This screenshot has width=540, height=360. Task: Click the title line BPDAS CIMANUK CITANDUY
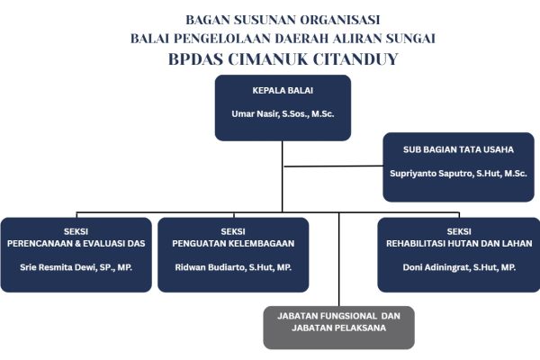pos(283,59)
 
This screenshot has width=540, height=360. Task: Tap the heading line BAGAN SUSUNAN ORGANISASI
pos(283,20)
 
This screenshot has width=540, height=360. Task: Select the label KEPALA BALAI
pos(283,91)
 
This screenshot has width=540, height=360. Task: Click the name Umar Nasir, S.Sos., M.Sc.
pos(283,114)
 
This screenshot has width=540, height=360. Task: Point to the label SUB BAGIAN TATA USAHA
pos(458,149)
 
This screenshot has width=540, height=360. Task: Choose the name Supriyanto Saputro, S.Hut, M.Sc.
pos(458,174)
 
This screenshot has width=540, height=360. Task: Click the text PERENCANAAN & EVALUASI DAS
pos(76,244)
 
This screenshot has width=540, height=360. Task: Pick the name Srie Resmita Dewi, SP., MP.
pos(76,267)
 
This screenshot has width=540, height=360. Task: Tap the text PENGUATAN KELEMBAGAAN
pos(233,244)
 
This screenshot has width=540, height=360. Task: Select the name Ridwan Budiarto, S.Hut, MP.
pos(233,267)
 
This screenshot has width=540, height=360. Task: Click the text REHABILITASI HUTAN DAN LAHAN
pos(459,244)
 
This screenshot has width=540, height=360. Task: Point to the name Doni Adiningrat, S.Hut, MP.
pos(459,267)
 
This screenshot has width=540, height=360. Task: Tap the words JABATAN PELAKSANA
pos(339,328)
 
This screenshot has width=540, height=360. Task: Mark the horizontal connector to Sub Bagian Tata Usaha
pos(333,166)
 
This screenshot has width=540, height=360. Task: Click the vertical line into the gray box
pos(339,259)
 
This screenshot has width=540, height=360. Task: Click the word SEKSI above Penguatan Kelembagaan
pos(233,231)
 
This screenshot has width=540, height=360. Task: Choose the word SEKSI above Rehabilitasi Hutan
pos(459,231)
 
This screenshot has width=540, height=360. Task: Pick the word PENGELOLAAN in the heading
pos(222,38)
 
